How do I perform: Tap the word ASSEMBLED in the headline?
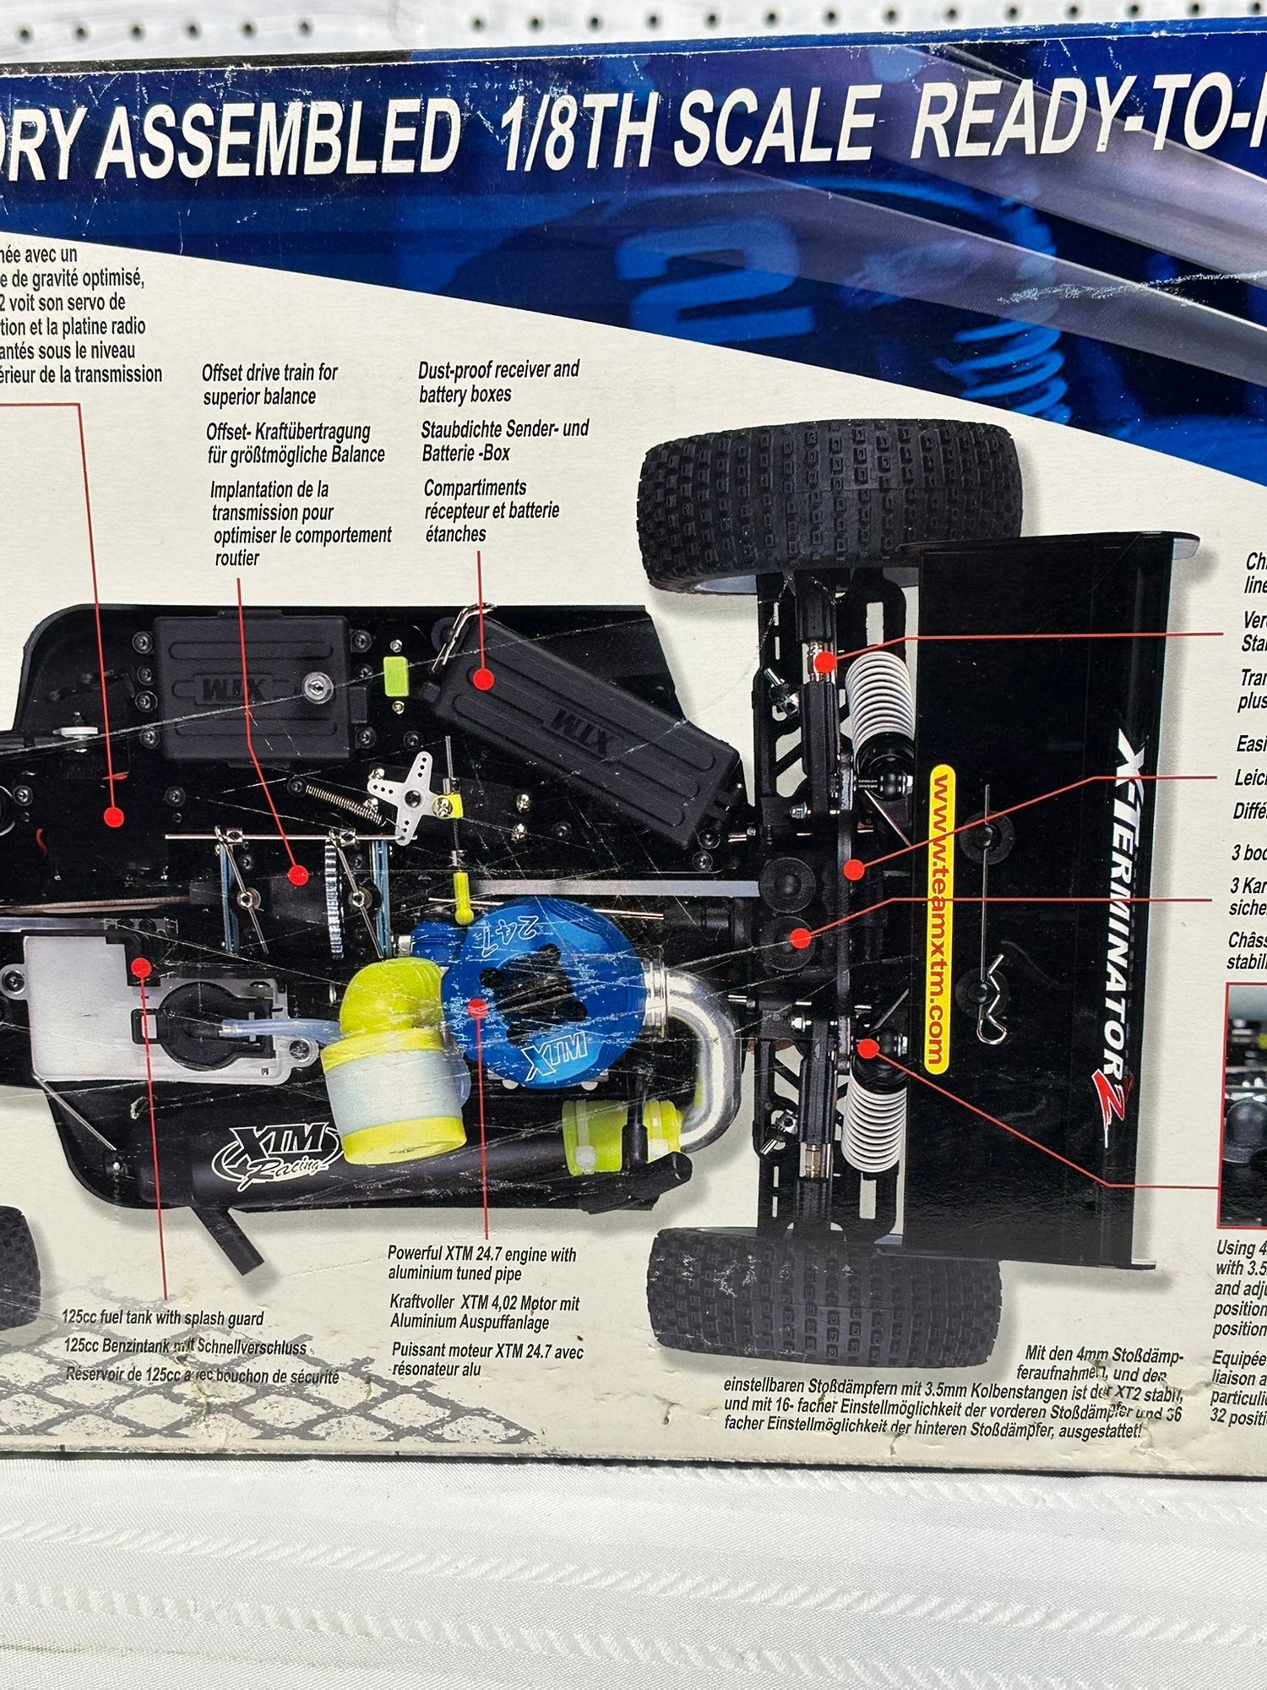[x=279, y=139]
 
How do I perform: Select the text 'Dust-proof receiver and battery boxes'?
[x=499, y=382]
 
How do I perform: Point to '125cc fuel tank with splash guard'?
[x=163, y=1318]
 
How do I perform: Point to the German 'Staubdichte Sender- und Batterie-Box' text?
[x=505, y=440]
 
